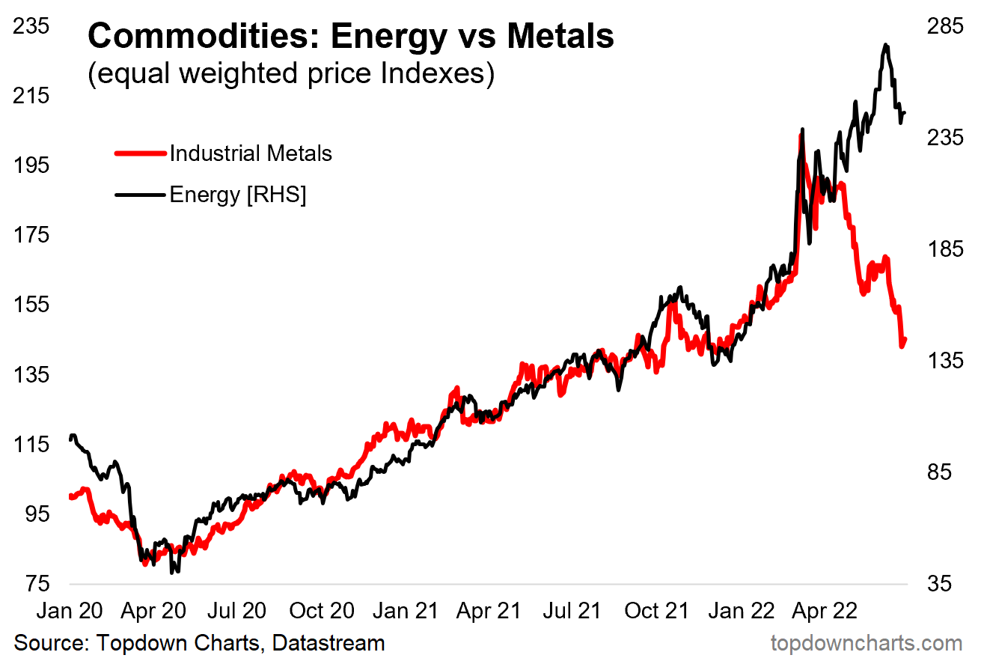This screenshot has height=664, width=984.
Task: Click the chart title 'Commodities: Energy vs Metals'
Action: point(351,36)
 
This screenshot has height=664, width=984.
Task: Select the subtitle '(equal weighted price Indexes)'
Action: point(291,75)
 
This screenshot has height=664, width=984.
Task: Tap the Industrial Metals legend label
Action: point(251,153)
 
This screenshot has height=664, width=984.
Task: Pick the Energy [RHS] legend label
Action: point(238,195)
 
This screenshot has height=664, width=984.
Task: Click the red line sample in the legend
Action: point(140,153)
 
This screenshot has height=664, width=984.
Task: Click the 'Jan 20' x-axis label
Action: point(70,612)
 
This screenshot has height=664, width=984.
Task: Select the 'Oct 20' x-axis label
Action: point(322,612)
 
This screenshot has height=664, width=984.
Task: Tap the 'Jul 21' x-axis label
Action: point(572,612)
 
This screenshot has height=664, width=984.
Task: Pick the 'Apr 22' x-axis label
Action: point(825,612)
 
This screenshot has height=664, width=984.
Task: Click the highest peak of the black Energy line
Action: point(886,46)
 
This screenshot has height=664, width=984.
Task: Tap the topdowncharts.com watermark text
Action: point(867,643)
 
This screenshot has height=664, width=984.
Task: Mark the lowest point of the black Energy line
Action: point(174,572)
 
